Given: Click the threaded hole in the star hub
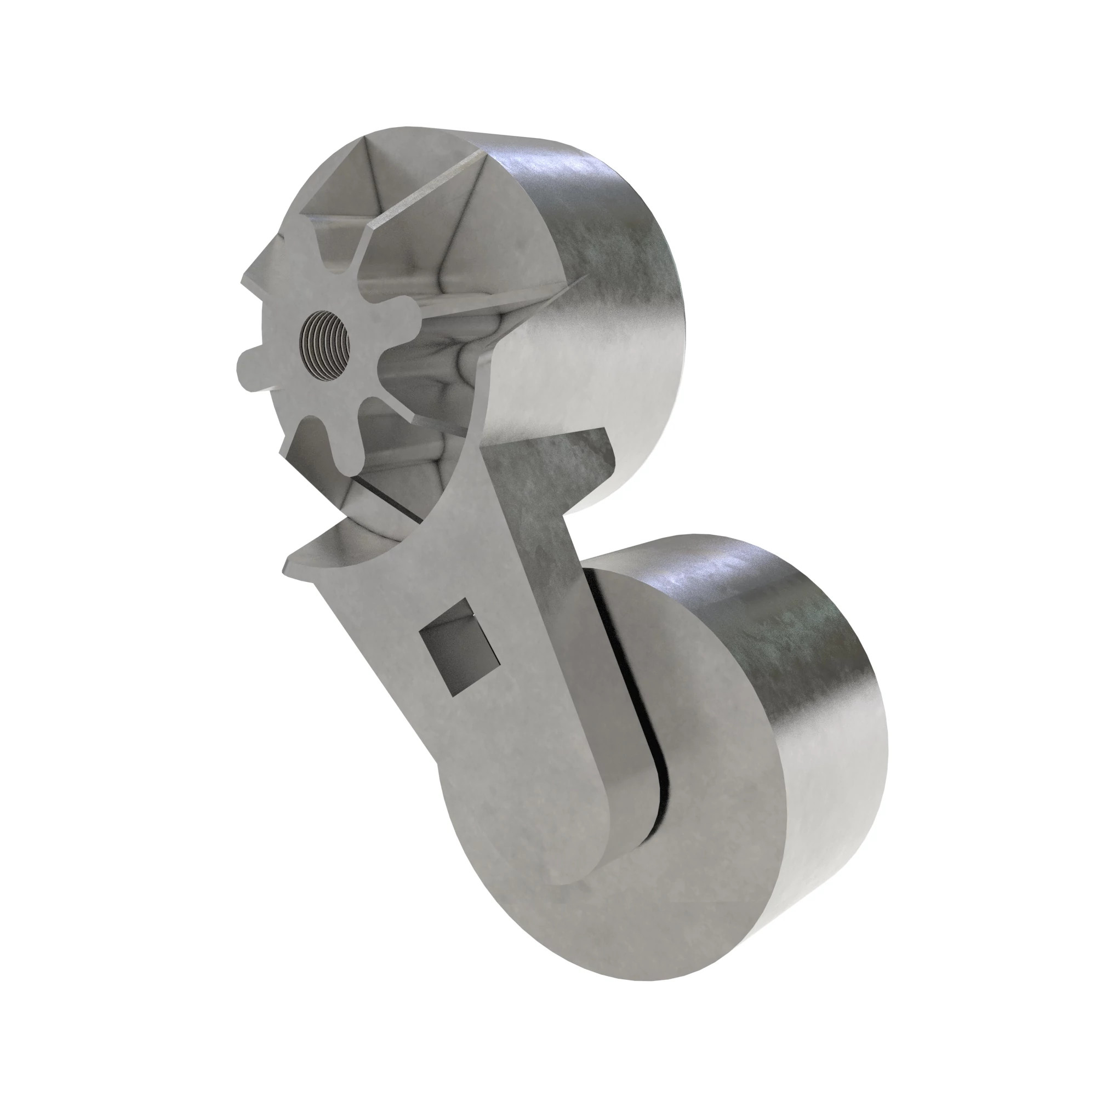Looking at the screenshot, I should coord(324,345).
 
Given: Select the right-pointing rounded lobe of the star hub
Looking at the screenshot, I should coord(407,310).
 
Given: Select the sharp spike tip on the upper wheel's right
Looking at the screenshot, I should coord(581,279).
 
